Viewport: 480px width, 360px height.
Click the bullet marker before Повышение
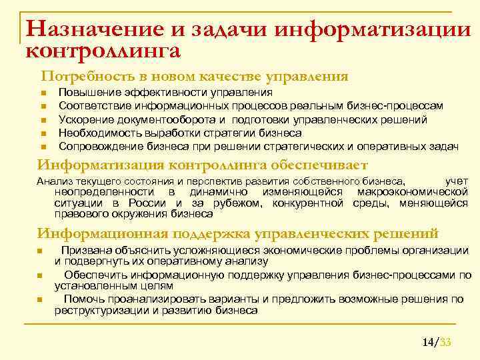click(x=41, y=93)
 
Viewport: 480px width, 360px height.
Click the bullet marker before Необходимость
click(x=41, y=133)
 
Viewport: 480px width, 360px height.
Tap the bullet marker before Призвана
click(x=41, y=251)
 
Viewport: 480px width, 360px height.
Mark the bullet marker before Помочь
click(x=41, y=300)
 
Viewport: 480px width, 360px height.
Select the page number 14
click(x=427, y=343)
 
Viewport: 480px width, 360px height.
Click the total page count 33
click(x=446, y=343)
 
